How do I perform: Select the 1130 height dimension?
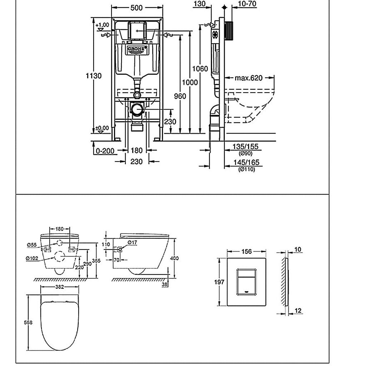(x=93, y=76)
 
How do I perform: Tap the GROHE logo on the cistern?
(x=136, y=49)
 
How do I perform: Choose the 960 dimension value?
(x=180, y=96)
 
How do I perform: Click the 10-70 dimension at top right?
(x=247, y=4)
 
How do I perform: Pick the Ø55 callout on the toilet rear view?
(x=31, y=245)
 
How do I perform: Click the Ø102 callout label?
(x=32, y=258)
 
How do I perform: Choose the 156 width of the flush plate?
(x=246, y=252)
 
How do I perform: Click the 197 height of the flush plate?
(x=219, y=282)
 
